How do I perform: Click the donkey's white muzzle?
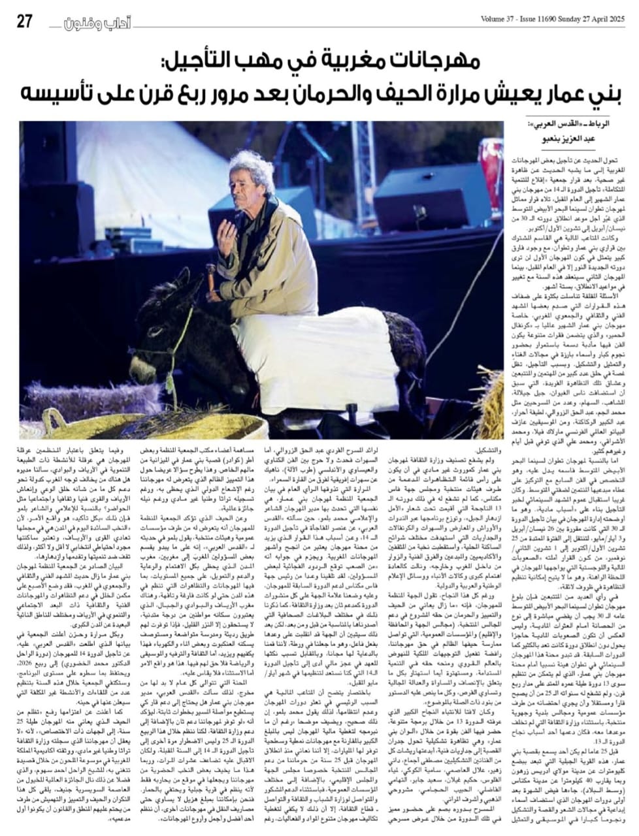pos(150,379)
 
